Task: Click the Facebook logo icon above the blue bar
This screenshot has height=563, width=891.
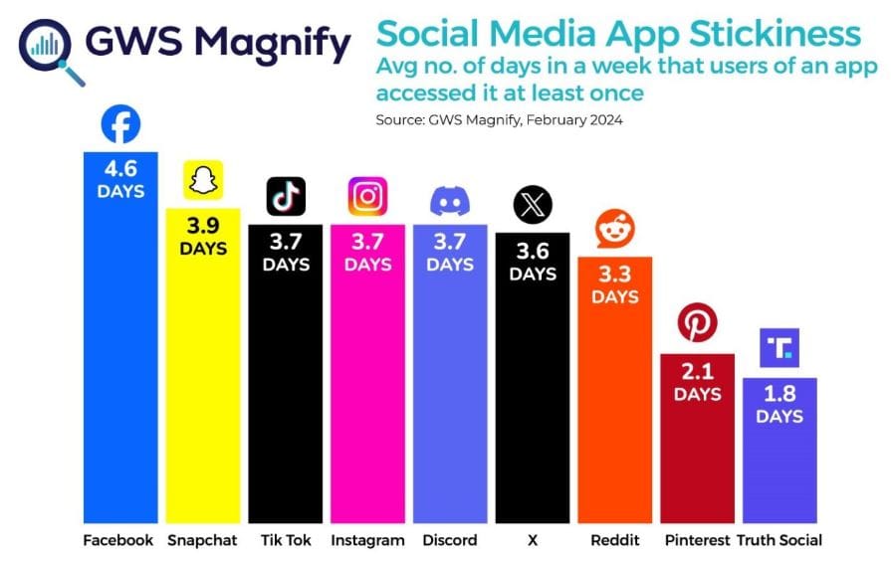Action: coord(120,126)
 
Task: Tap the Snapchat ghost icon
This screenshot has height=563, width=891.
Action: coord(203,182)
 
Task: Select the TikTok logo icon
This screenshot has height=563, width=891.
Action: coord(285,196)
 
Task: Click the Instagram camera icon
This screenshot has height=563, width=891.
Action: coord(367,196)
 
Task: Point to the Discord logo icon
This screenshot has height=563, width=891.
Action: coord(450,201)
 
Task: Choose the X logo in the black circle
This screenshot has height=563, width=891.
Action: coord(532,206)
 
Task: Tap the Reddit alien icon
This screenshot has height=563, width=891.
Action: coord(614,230)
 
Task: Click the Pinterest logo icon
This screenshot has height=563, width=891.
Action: coord(697,325)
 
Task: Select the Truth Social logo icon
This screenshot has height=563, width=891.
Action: coord(780,348)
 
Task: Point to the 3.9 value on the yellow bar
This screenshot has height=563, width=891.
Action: coord(203,227)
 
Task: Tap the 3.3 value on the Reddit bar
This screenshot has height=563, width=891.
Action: coord(614,275)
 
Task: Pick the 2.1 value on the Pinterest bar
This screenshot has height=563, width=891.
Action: coord(697,372)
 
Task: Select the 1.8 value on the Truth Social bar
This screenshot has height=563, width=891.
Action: coord(780,395)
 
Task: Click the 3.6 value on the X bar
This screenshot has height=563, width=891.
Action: coord(532,252)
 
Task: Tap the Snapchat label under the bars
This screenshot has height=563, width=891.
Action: coord(203,541)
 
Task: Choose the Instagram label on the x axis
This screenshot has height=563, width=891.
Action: coord(367,541)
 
